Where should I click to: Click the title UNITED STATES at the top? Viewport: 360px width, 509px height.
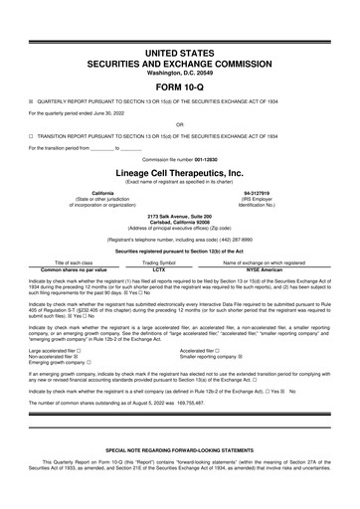coord(180,50)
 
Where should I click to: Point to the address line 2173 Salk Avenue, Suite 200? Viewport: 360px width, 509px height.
coord(180,214)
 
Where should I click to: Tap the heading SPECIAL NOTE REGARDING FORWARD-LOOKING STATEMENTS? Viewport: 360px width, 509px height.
coord(180,478)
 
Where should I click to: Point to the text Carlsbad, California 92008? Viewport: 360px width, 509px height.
coord(180,220)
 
